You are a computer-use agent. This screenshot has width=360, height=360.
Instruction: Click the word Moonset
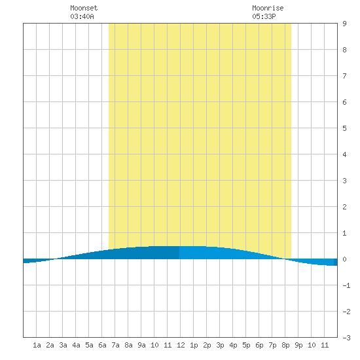coord(84,8)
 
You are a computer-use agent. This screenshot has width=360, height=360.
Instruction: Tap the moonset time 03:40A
coord(82,16)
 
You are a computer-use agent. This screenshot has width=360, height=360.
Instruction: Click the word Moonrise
coord(268,8)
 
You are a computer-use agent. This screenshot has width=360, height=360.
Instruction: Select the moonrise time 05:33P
coord(264,16)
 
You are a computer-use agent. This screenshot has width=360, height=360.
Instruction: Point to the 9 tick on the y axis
coord(344,24)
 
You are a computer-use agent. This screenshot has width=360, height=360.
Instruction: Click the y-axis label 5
coord(344,128)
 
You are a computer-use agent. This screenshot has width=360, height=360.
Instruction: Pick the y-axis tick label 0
coord(344,259)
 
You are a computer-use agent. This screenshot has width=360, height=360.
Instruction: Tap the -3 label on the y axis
coord(346,338)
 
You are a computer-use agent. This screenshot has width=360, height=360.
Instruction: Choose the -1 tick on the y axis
coord(346,285)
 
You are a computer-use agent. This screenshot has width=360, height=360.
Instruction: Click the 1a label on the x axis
coord(37,345)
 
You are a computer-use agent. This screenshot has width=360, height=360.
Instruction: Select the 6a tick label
coord(102,345)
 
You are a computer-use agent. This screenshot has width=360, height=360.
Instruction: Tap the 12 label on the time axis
coord(181,345)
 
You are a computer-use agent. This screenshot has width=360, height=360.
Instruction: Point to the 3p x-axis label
coord(220,345)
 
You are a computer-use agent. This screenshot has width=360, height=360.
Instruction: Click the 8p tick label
coord(285,345)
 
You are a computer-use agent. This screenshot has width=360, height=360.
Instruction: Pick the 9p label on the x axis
coord(298,345)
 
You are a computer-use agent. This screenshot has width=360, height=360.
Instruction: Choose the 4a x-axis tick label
coord(76,345)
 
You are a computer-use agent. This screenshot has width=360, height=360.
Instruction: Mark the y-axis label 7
coord(344,76)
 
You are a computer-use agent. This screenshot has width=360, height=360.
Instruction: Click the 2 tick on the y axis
coord(344,207)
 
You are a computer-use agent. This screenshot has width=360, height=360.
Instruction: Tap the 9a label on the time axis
coord(141,345)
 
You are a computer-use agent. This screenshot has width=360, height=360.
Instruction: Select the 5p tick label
coord(246,345)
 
